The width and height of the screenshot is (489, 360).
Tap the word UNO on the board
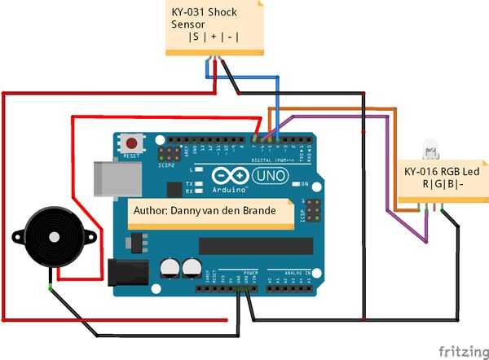[270, 175]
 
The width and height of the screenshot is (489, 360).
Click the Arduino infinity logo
[229, 176]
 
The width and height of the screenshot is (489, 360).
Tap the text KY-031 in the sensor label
[187, 12]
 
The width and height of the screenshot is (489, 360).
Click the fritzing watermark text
[460, 351]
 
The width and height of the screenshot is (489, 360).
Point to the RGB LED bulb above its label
[430, 151]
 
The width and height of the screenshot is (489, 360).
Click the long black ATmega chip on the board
[255, 245]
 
